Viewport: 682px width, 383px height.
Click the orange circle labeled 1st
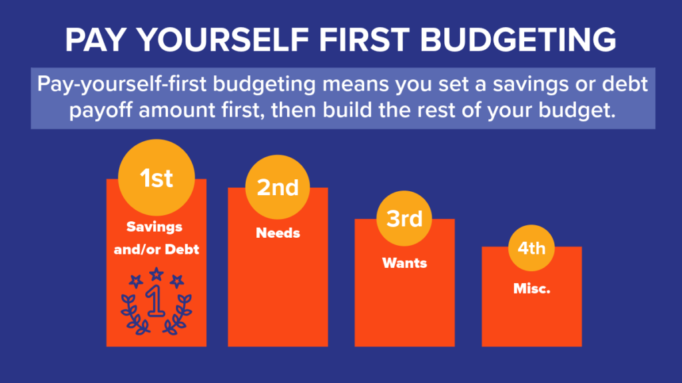(x=156, y=178)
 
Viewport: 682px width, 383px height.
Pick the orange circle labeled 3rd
(x=405, y=219)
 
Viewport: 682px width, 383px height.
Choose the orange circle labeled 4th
(x=531, y=249)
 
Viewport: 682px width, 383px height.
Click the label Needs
(x=278, y=233)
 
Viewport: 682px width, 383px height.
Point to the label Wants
(x=404, y=262)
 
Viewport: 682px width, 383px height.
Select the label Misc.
(x=531, y=289)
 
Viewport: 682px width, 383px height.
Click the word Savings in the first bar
(x=155, y=227)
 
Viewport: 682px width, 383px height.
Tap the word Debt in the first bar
(x=182, y=250)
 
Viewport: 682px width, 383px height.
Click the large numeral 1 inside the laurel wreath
(x=155, y=302)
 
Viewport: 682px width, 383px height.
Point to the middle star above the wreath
(x=156, y=273)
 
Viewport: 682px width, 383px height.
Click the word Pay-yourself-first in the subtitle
(x=123, y=86)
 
